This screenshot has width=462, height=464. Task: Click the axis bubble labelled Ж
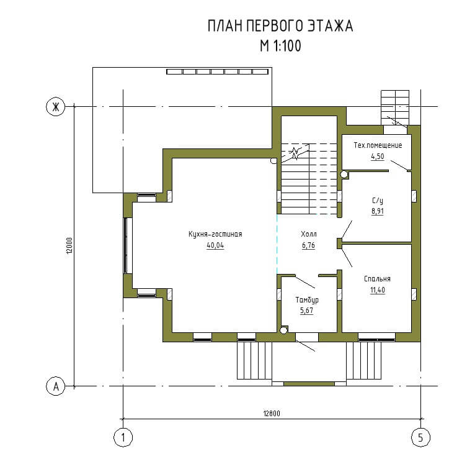coord(56,107)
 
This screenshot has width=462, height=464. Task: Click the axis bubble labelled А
coord(56,386)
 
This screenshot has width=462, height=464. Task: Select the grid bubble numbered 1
coord(123,437)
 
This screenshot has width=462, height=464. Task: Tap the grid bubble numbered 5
coord(420,437)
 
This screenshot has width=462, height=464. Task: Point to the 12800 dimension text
coord(272,414)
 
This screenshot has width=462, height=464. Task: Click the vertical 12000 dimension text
coord(69,245)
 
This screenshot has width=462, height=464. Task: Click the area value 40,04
coord(215,245)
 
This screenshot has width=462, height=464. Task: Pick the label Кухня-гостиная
coord(215,234)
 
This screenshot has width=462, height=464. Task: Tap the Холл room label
coord(309,234)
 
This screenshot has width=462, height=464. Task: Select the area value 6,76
coord(308,245)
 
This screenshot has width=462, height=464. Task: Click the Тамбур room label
coord(307,300)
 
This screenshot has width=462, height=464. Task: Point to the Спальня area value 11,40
coord(378,290)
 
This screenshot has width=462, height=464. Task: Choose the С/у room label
coord(378,201)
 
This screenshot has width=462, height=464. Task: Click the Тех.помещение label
coord(378,145)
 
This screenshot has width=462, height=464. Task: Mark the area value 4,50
coord(378,157)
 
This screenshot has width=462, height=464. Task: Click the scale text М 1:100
coord(281,46)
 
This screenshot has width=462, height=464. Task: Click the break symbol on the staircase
coord(295,153)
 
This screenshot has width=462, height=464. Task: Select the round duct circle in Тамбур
coord(283,330)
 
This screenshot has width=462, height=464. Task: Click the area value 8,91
coord(378,211)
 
